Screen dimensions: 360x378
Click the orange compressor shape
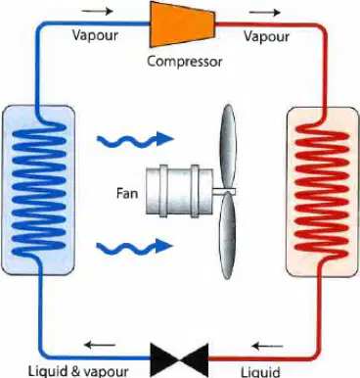coord(182,24)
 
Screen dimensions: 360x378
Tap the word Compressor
coord(184,61)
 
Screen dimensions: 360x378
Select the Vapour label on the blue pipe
coord(95,35)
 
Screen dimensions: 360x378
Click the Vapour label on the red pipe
coord(267,36)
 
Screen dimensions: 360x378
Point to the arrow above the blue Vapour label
coord(97,11)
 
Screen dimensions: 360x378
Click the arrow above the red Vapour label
coord(265,13)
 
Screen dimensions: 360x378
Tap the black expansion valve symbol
coord(179,360)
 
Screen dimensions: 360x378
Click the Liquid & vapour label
coord(78,372)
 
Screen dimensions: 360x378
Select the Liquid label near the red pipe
coord(260,372)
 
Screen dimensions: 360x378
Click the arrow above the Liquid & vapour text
coord(100,345)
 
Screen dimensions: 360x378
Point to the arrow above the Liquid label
coord(267,346)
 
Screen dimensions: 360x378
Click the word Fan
coord(127,194)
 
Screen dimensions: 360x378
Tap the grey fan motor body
coord(179,191)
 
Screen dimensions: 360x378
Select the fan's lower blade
coord(227,236)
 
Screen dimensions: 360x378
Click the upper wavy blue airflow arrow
coord(135,139)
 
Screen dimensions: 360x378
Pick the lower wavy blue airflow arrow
coord(135,247)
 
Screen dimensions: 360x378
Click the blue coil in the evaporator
coord(38,190)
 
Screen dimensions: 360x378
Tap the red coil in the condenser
coord(322,192)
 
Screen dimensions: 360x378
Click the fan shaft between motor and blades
coord(224,191)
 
